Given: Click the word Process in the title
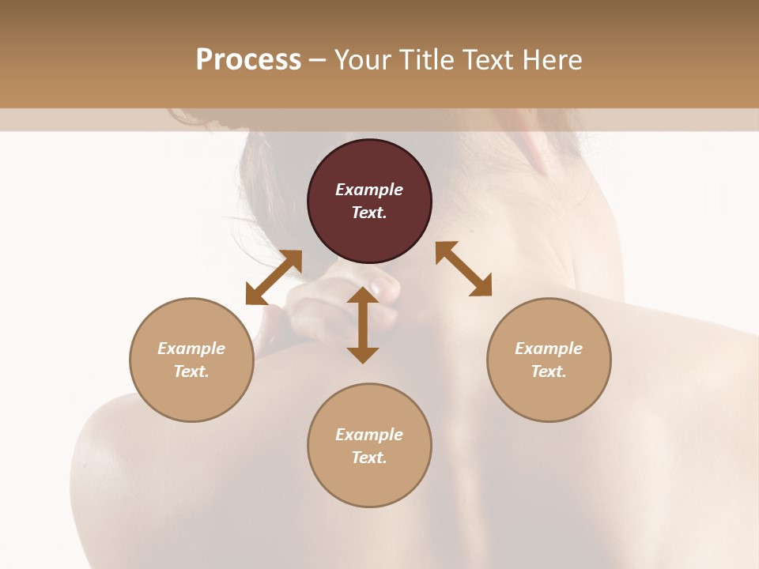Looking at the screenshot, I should [x=248, y=60].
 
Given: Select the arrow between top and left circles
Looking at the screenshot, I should [x=274, y=277].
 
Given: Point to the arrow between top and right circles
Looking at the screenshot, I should [x=464, y=269].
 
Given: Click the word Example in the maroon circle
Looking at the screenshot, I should [x=369, y=190].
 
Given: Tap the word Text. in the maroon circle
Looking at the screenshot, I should [x=369, y=213].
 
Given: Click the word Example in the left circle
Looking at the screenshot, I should [x=191, y=349].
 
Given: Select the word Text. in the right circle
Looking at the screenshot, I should [x=549, y=371].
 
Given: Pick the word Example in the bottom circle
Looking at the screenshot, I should [x=369, y=435].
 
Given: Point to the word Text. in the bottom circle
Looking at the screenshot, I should [x=369, y=458].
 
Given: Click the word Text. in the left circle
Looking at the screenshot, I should [x=191, y=371].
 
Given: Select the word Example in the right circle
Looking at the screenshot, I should [x=549, y=349].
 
